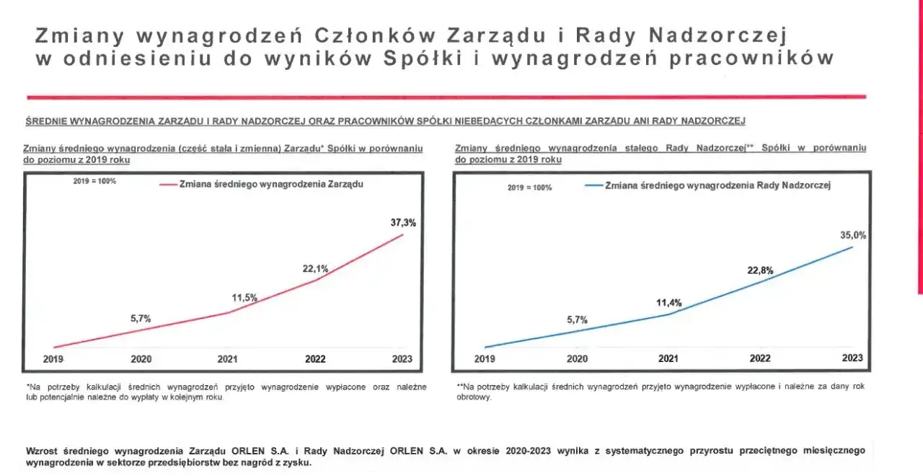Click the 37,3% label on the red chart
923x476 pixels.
403,223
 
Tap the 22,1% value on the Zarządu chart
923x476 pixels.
315,269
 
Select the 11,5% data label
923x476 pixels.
245,297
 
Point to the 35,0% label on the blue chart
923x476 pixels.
853,234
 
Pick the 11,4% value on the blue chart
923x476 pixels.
668,303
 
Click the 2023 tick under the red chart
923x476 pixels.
402,358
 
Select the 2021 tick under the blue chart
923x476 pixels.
668,358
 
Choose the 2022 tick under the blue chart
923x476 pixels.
760,358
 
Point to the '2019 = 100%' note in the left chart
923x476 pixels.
94,181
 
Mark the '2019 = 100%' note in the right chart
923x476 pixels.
529,188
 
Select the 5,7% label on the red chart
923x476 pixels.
141,318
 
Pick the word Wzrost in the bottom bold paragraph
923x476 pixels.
41,451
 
